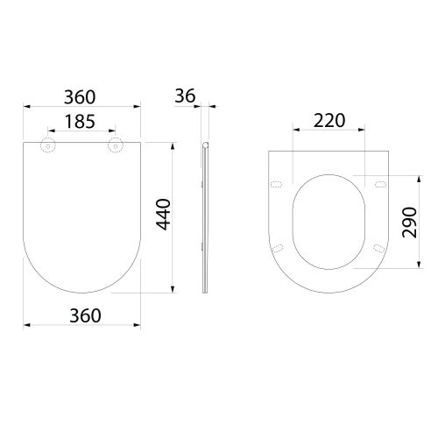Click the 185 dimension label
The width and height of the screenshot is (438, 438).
[80, 122]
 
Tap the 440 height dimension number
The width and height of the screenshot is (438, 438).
[163, 215]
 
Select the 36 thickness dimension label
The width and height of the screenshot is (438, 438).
[185, 95]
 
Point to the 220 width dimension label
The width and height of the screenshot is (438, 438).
[329, 120]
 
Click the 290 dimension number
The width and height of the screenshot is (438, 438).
[409, 223]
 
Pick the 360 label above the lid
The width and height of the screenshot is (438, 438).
[80, 97]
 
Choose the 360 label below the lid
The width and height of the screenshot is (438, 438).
[85, 315]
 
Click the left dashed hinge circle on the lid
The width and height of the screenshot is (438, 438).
[48, 145]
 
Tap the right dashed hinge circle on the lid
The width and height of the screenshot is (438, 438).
[116, 145]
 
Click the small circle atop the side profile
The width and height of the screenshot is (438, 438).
[206, 145]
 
